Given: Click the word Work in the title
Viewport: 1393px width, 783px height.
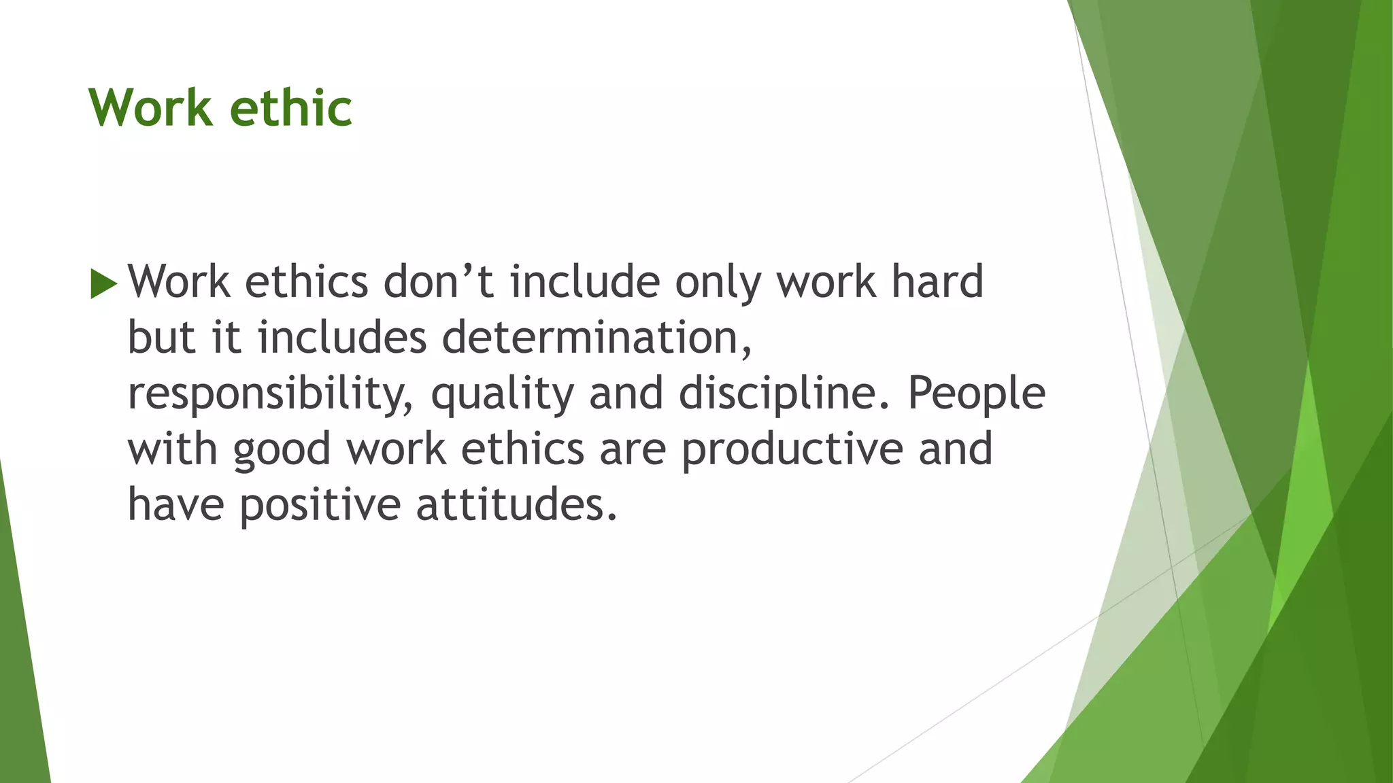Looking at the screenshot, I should coord(150,108).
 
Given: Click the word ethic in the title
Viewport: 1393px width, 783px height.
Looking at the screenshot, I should coord(291,108).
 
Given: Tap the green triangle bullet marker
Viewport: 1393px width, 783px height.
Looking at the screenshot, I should coord(103,283).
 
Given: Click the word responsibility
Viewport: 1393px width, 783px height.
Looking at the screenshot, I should coord(270,394).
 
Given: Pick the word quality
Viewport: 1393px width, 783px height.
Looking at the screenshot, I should coord(502,394).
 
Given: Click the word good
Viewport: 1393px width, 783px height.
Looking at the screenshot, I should coord(282,450).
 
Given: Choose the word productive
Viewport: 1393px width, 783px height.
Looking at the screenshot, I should coord(792,450).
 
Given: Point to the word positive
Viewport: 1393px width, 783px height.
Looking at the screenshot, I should coord(320,506).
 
